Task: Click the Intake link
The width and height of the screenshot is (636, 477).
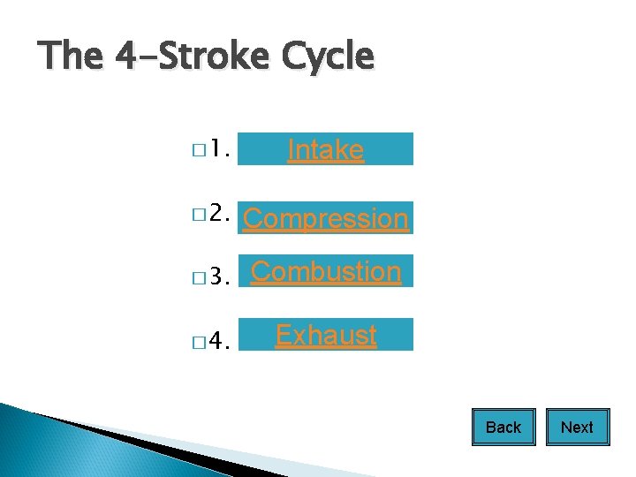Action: [x=325, y=150]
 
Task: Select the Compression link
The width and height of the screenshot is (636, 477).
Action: [x=325, y=218]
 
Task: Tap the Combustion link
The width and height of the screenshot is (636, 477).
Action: [x=326, y=272]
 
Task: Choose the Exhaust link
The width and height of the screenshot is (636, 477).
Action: [x=326, y=336]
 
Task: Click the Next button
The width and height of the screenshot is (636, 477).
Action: [x=577, y=428]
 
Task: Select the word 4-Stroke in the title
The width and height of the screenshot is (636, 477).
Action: [x=192, y=57]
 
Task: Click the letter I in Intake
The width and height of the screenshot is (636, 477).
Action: [x=291, y=150]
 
